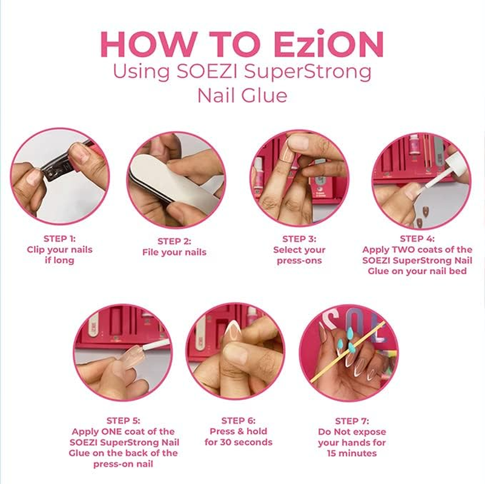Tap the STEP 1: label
pyautogui.click(x=59, y=238)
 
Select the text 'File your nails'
pyautogui.click(x=174, y=252)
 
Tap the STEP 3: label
pyautogui.click(x=299, y=238)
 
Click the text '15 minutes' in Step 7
pyautogui.click(x=351, y=453)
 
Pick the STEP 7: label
pyautogui.click(x=351, y=420)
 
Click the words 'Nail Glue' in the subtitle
pyautogui.click(x=242, y=96)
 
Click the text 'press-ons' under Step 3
pyautogui.click(x=299, y=261)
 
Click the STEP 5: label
pyautogui.click(x=123, y=420)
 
